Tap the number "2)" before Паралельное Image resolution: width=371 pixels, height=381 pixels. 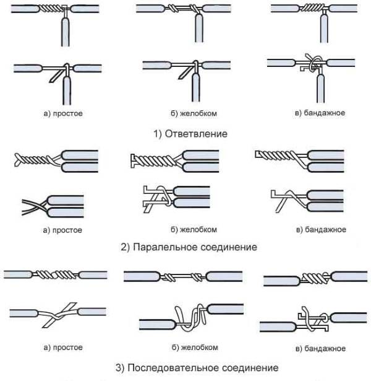126,247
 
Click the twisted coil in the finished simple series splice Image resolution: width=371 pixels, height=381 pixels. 56,274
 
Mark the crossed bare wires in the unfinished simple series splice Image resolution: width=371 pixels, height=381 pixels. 58,313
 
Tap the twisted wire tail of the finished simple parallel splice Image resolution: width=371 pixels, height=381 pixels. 31,160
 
